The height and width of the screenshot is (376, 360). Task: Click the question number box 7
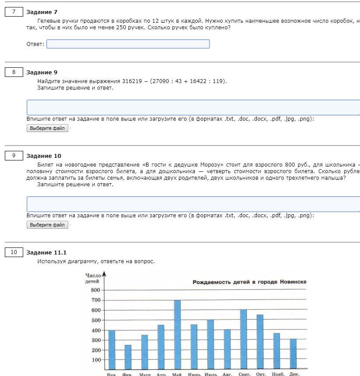point(14,12)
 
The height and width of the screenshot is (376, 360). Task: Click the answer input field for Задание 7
point(128,44)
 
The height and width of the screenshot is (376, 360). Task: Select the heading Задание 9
point(42,73)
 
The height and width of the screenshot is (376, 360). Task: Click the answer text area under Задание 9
point(193,108)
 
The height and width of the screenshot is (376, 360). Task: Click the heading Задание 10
point(44,156)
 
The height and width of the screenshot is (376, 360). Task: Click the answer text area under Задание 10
point(193,204)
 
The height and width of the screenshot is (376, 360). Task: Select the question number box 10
point(14,252)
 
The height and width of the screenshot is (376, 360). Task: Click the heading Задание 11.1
point(46,253)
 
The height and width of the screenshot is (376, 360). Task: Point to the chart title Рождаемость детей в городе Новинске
point(249,282)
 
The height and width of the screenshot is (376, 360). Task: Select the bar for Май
point(177,334)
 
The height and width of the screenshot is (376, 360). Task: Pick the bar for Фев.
point(128,357)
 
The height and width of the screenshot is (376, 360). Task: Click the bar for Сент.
point(243,339)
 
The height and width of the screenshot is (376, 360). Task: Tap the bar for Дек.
point(293,354)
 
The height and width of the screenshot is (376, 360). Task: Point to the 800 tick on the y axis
point(96,290)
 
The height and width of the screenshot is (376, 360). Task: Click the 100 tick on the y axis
point(96,360)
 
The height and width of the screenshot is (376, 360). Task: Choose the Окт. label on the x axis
point(261,374)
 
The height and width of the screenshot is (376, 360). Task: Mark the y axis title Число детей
point(93,279)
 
